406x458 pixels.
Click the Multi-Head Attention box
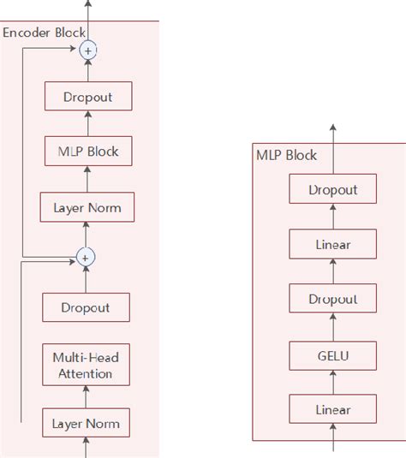coord(84,365)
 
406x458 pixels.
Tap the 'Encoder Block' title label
coord(44,33)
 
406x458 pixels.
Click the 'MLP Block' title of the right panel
coord(286,155)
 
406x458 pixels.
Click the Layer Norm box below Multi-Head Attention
coord(85,423)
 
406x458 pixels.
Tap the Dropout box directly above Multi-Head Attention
coord(85,306)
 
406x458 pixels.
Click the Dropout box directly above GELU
coord(333,299)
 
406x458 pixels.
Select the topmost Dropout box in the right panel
coord(333,189)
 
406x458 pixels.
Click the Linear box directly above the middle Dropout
coord(333,245)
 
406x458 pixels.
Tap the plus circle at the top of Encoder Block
coord(87,51)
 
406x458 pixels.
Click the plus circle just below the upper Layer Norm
coord(85,256)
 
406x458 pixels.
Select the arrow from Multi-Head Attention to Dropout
coord(85,334)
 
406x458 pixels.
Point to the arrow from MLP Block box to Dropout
coord(87,124)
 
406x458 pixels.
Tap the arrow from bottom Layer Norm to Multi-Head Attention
coord(85,396)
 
